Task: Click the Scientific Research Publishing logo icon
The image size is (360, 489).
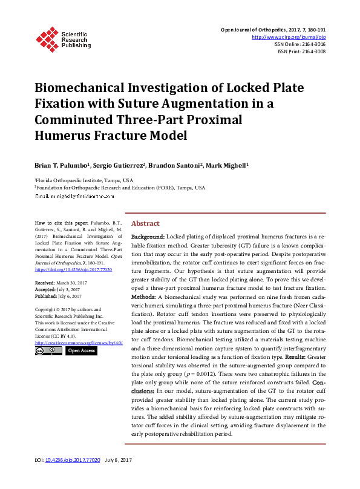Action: coord(47,38)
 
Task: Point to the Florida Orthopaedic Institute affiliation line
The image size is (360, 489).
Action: coord(85,180)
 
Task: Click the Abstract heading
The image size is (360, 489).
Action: coord(145,223)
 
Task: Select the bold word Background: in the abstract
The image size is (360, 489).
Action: coord(148,236)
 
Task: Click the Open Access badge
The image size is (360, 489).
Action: coord(81,350)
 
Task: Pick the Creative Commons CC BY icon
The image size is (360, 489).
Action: coord(48,350)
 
